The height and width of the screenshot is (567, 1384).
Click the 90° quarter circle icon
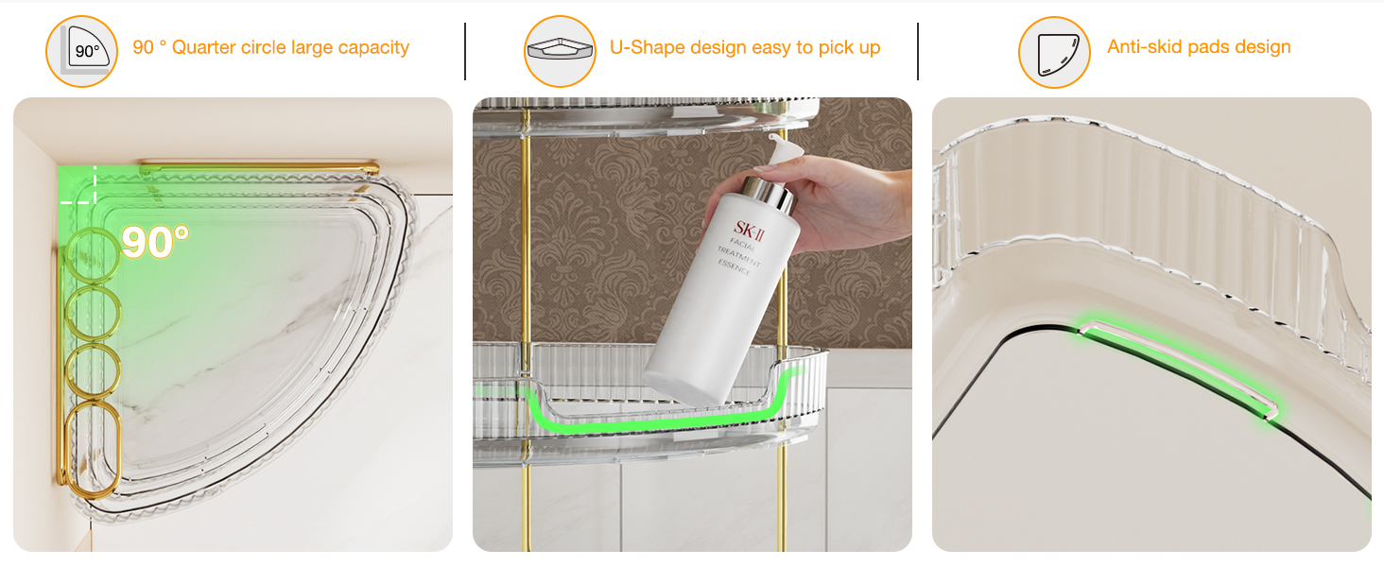point(81,51)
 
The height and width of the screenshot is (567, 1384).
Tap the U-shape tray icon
point(560,51)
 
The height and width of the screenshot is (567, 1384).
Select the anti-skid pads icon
point(1054,52)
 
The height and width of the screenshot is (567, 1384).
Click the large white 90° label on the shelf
point(155,242)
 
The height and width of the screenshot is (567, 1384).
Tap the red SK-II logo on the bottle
point(750,231)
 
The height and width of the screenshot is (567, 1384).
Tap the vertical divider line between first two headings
point(465,51)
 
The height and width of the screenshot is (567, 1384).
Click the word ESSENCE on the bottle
point(734,267)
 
